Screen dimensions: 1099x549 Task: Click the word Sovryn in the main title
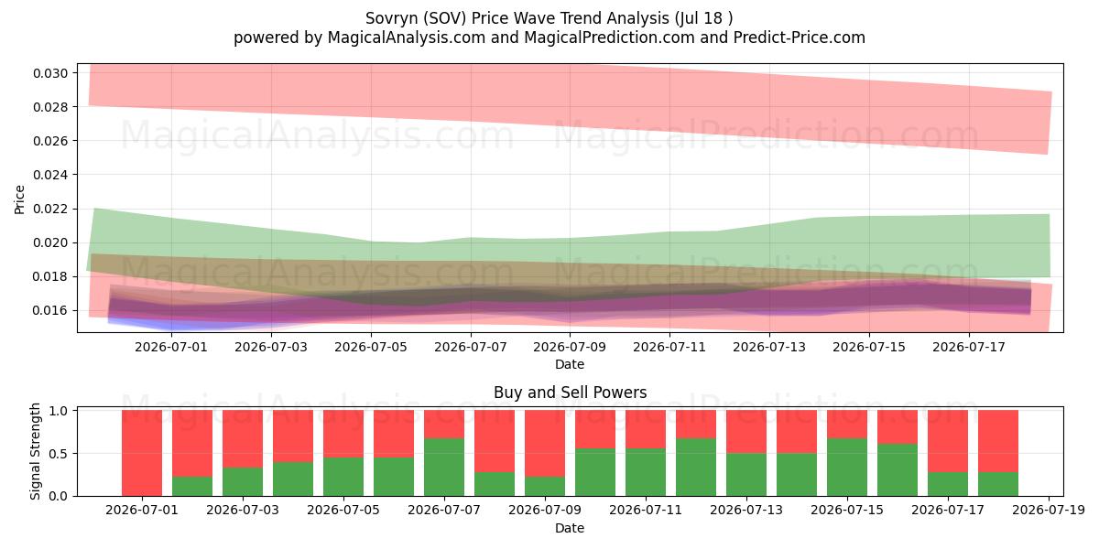coord(392,18)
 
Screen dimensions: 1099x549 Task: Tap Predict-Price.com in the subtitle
coord(800,38)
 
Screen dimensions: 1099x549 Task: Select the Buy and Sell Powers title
coord(570,393)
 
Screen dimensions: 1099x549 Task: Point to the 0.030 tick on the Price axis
coord(50,73)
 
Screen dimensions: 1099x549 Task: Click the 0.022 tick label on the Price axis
coord(50,210)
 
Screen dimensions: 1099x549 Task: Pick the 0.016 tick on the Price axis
coord(50,311)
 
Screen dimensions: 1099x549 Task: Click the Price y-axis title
coord(19,199)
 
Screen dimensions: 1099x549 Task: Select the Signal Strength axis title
coord(35,452)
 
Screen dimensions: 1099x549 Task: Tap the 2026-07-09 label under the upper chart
coord(570,348)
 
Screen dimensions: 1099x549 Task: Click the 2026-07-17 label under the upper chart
coord(969,348)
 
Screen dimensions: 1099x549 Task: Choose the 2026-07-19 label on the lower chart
coord(1049,511)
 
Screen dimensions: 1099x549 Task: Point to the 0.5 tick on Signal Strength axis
coord(59,454)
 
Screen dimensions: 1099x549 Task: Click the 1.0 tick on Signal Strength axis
coord(59,411)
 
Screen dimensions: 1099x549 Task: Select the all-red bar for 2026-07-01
coord(142,453)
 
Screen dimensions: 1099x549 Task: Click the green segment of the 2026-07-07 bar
coord(444,468)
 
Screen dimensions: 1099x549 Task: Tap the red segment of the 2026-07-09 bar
coord(545,444)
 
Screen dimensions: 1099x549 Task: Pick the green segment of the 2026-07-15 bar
coord(847,468)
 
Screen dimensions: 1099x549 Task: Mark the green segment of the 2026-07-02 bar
coord(192,486)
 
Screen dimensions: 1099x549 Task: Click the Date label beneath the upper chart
coord(570,365)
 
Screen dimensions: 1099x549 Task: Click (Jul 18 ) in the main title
coord(703,18)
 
